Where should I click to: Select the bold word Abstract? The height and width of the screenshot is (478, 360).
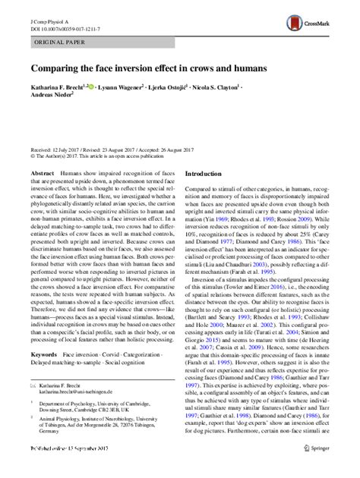42,174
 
